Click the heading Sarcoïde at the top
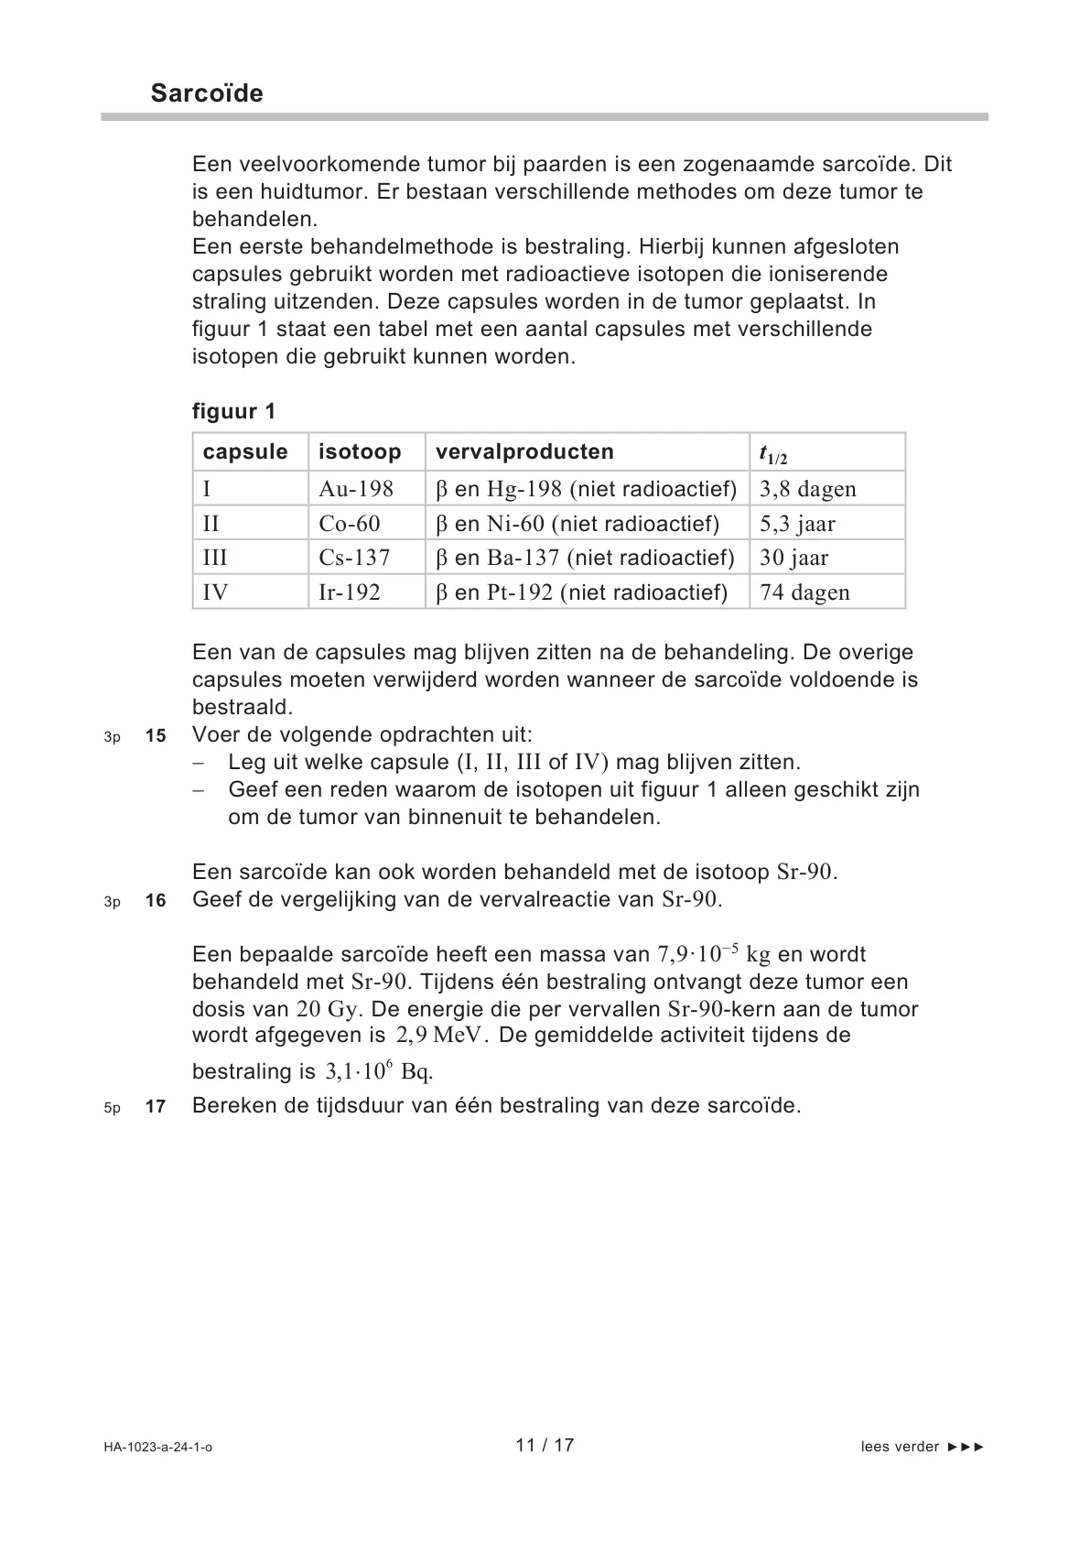pos(207,93)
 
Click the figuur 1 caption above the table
pos(233,411)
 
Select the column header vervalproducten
pos(524,451)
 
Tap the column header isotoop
pos(360,451)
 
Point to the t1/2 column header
pos(773,453)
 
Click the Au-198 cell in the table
pos(356,489)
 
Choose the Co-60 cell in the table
pos(350,524)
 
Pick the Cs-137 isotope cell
pos(354,558)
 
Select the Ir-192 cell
pos(350,592)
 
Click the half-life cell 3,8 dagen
pos(808,489)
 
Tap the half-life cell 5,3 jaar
pos(797,524)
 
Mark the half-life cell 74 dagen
pos(804,592)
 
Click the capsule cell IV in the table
pos(216,592)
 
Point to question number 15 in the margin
pos(156,736)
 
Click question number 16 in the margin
pos(156,901)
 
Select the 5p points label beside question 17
pos(112,1108)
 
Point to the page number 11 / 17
pos(545,1445)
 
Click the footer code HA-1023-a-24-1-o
pos(158,1448)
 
